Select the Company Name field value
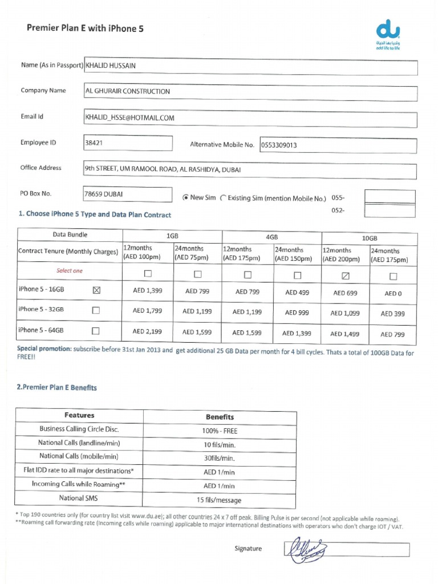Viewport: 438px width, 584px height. (250, 92)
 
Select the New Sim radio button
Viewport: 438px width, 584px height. (185, 198)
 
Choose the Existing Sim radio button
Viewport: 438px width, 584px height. (223, 198)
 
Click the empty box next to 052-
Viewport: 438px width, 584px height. (390, 211)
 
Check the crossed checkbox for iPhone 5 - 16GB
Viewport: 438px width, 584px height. (96, 290)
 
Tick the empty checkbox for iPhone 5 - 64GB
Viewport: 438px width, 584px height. (96, 330)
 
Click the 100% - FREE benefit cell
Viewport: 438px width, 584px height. (220, 430)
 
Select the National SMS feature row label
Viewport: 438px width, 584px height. (79, 498)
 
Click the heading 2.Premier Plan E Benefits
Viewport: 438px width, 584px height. (57, 388)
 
